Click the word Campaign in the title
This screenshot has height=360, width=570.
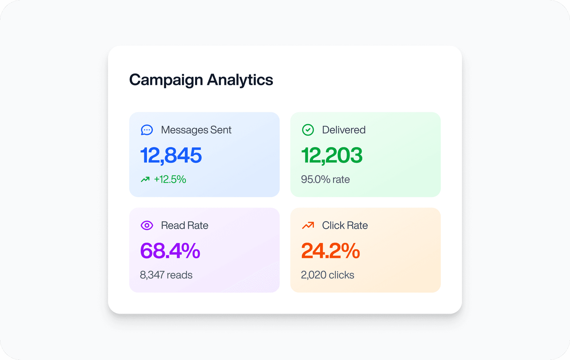[166, 80]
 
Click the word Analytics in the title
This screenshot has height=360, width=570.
[240, 80]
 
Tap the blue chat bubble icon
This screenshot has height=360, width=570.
[147, 130]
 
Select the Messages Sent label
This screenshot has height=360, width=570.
[196, 130]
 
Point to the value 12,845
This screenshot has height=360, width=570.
[171, 155]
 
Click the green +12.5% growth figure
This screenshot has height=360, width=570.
[170, 179]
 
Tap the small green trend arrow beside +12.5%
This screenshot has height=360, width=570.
[145, 179]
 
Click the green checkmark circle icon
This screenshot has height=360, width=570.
[308, 130]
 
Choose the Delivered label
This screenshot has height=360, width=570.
[343, 130]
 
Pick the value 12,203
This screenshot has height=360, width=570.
[332, 155]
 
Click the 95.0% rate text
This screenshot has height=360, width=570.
[325, 179]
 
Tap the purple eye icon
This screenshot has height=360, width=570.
[147, 226]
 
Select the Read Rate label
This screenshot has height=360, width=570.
[184, 226]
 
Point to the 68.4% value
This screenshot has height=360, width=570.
[170, 251]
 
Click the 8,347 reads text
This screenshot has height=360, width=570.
[166, 275]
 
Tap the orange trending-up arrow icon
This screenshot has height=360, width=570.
[308, 226]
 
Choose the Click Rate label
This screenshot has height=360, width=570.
[345, 226]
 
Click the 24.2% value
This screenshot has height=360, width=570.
[330, 251]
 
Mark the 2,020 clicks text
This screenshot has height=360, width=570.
[327, 275]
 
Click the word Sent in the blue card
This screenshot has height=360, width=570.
[221, 130]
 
